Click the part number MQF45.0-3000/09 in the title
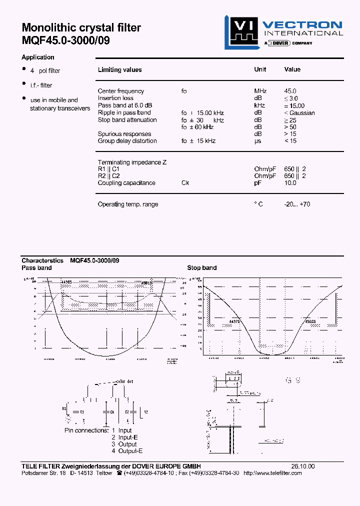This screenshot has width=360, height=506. pos(65,40)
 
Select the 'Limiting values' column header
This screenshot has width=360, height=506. pos(119,70)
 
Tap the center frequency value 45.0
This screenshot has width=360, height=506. pos(290,91)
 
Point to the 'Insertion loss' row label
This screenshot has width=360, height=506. pos(115,98)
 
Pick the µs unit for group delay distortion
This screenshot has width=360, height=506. pos(257,141)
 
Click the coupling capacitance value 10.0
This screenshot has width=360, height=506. pos(290,183)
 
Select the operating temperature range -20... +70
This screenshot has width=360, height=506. pos(297,204)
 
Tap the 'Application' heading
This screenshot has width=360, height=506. pos(38,57)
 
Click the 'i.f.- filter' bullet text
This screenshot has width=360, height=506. pos(41,85)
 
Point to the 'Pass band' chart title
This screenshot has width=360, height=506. pos(36,268)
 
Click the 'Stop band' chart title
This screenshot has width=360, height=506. pos(201,268)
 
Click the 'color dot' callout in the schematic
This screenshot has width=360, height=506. pos(124,381)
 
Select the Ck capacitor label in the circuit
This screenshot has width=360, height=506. pos(112,411)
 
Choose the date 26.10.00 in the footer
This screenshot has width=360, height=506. pos(303,466)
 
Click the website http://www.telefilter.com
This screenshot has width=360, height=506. pos(272,473)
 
